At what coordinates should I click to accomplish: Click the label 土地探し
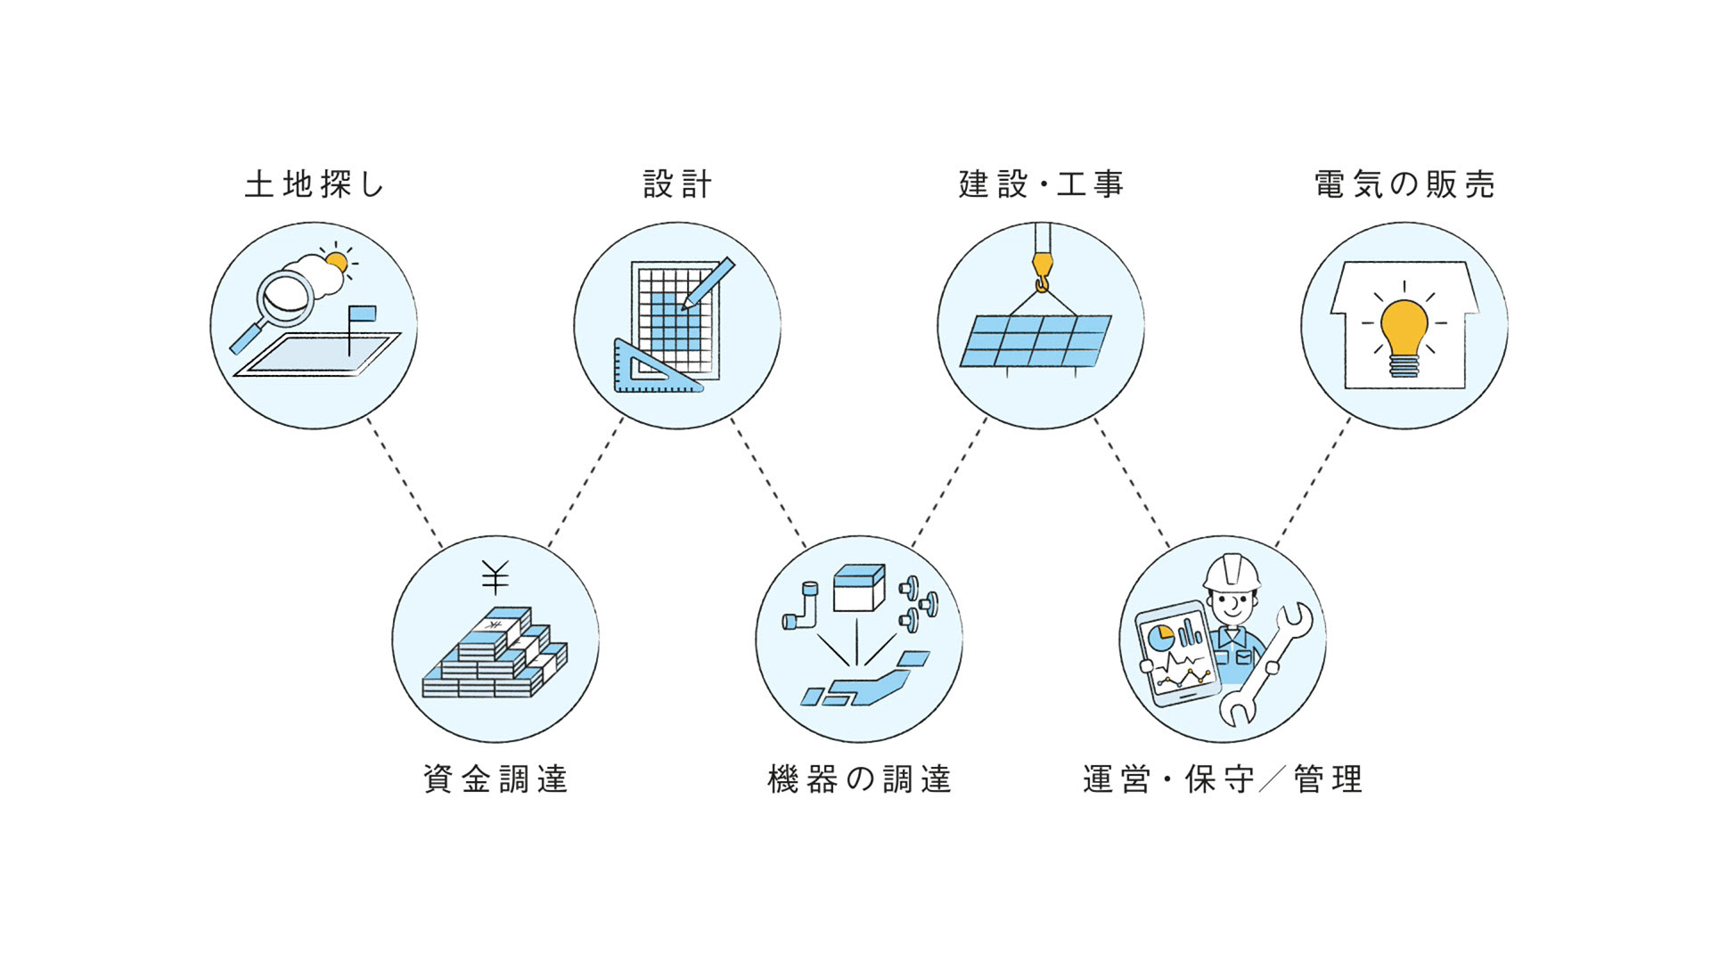(x=314, y=184)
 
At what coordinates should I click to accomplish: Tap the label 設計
(x=677, y=184)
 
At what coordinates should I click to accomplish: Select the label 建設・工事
(x=1041, y=184)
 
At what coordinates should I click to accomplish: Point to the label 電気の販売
(x=1404, y=184)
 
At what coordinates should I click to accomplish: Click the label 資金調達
(x=495, y=779)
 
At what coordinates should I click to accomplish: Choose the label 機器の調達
(x=859, y=779)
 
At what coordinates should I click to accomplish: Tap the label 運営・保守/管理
(x=1223, y=779)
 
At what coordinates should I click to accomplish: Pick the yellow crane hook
(x=1042, y=268)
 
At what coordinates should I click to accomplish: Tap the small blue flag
(x=363, y=314)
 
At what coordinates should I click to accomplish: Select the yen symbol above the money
(x=495, y=577)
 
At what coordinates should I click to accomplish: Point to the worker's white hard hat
(x=1232, y=572)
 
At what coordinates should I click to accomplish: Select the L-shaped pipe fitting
(x=801, y=609)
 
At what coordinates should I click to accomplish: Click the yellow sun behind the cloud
(x=337, y=261)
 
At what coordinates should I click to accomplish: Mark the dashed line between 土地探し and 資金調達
(x=405, y=483)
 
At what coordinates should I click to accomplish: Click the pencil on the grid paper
(x=709, y=283)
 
